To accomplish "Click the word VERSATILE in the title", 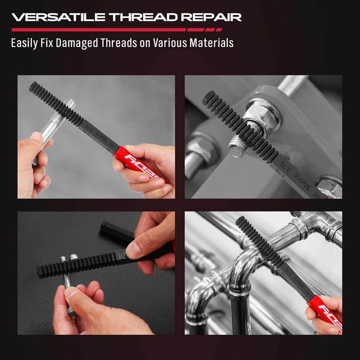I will coord(58,17).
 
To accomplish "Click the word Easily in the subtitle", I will coord(24,43).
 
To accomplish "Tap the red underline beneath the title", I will coord(98,30).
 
